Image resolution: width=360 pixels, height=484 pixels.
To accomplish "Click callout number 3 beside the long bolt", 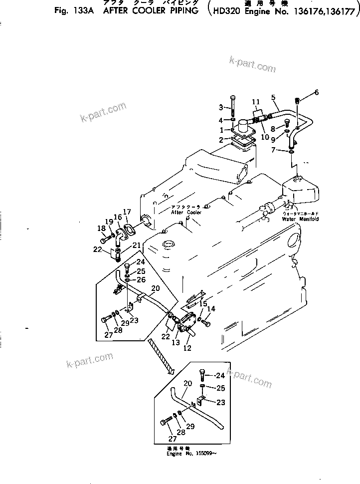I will coord(221,107).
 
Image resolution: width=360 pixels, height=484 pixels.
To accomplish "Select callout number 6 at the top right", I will coord(344,92).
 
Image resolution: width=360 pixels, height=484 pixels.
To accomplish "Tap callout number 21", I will coord(135,245).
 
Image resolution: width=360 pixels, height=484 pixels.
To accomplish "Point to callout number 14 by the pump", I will coord(211,309).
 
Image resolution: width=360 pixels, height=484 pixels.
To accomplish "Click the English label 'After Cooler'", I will coord(186,212).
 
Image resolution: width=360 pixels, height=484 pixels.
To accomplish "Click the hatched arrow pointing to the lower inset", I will coord(160,355).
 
